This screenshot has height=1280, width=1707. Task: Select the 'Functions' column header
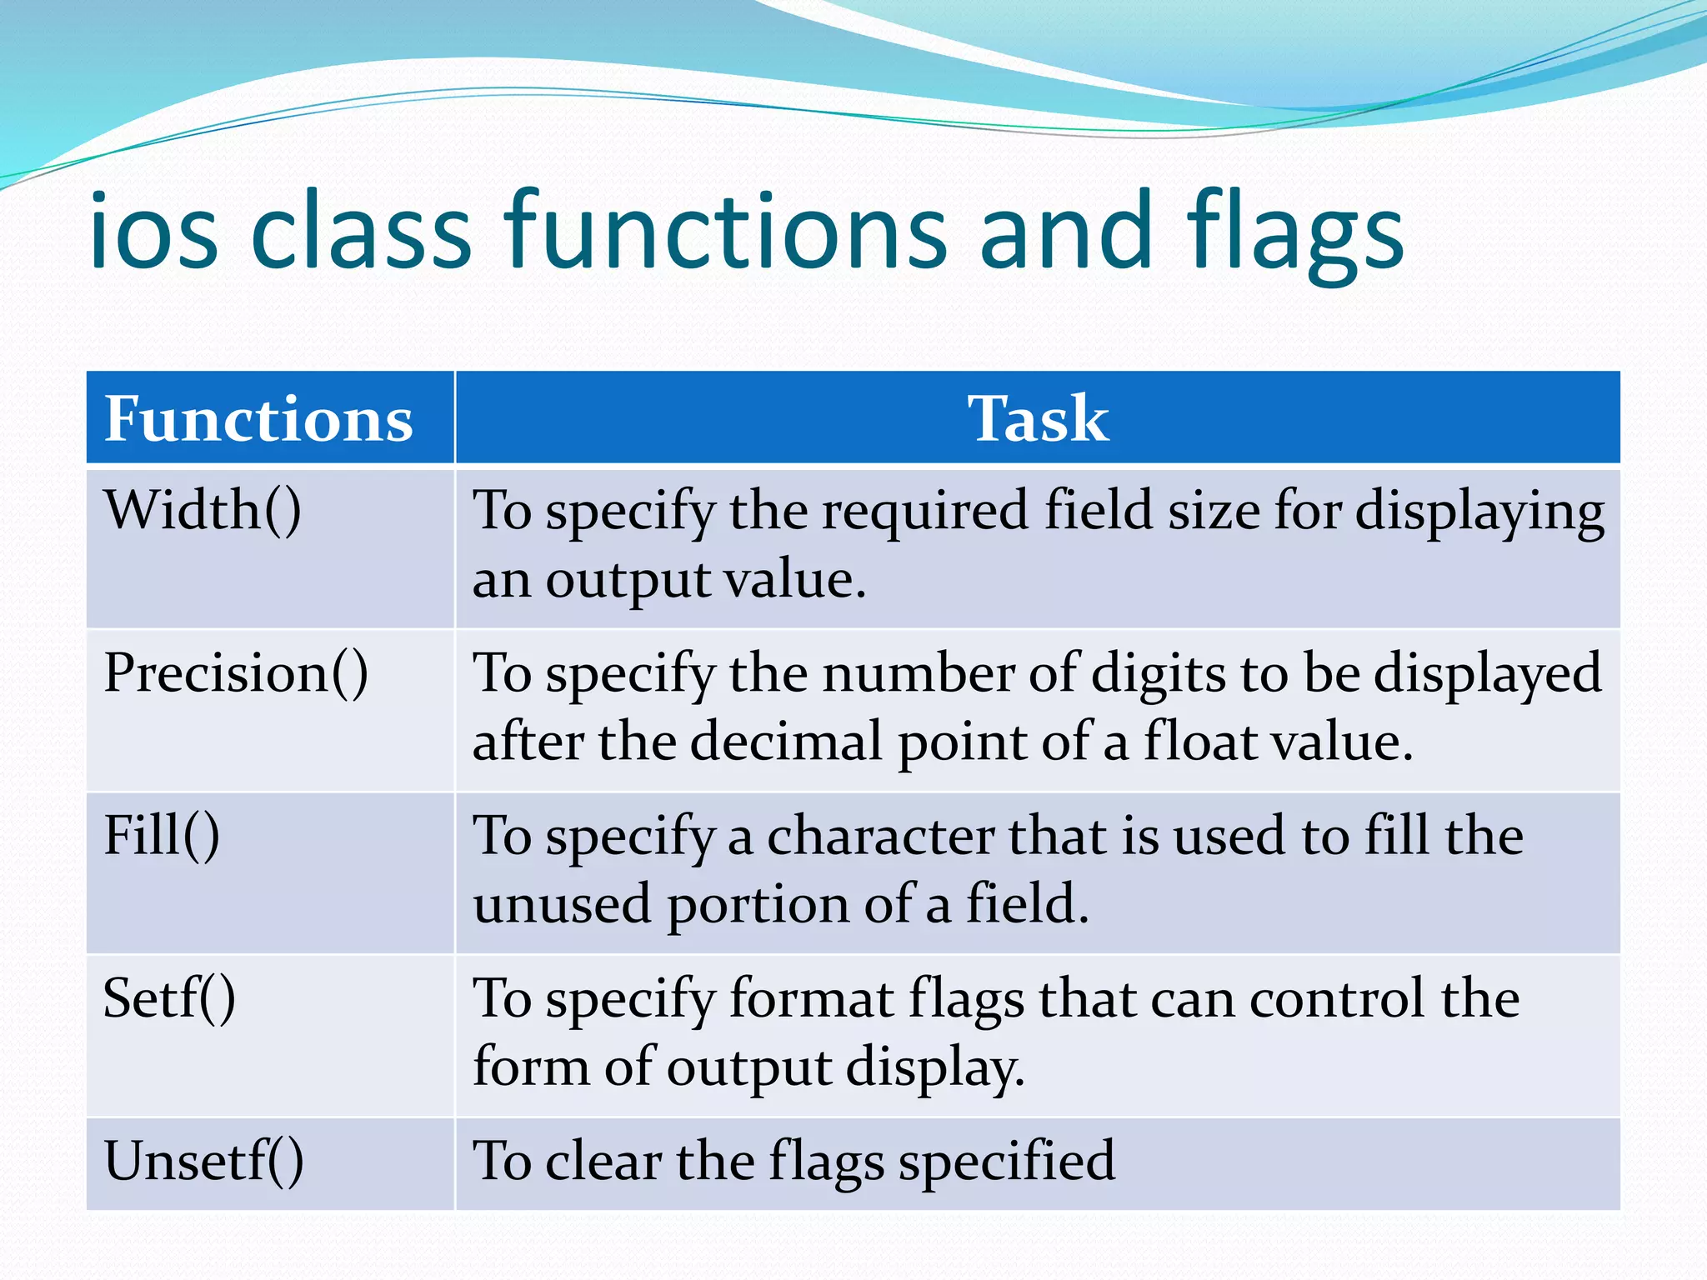pyautogui.click(x=258, y=418)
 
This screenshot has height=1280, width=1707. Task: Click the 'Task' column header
pyautogui.click(x=1038, y=418)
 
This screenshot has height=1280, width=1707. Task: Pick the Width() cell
pyautogui.click(x=203, y=510)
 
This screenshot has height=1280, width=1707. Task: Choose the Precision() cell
pyautogui.click(x=236, y=673)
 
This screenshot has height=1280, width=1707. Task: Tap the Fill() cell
pyautogui.click(x=162, y=836)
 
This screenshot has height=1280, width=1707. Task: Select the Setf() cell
pyautogui.click(x=169, y=998)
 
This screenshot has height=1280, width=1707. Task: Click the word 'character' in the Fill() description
pyautogui.click(x=880, y=836)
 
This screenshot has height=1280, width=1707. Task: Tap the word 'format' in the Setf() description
pyautogui.click(x=811, y=998)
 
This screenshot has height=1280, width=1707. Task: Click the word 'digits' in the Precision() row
pyautogui.click(x=1159, y=673)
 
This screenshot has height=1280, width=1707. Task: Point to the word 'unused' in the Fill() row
pyautogui.click(x=562, y=905)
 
